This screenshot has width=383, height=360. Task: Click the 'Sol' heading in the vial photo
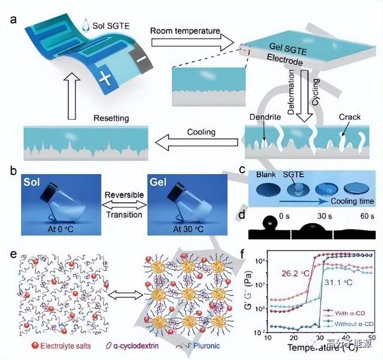click(x=37, y=181)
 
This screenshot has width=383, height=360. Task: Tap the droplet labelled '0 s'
click(x=269, y=224)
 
